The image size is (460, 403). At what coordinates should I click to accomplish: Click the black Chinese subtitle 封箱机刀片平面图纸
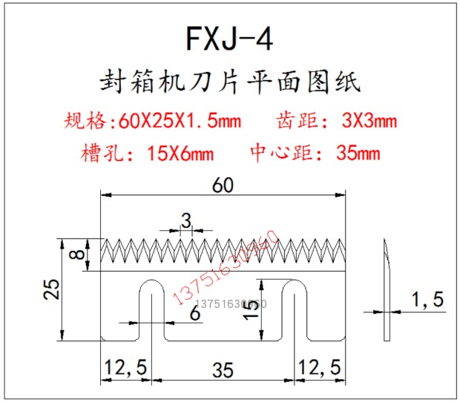(230, 81)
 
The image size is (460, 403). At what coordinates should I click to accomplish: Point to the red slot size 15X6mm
(181, 154)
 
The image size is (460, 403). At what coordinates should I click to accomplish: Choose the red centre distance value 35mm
(358, 154)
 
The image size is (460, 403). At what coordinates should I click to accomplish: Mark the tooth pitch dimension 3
(186, 220)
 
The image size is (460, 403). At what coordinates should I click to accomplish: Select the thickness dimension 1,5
(427, 301)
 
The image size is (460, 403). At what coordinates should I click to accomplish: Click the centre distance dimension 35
(222, 367)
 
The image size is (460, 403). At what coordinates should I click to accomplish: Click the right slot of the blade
(296, 312)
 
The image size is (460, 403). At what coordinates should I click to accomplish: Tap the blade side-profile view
(387, 289)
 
